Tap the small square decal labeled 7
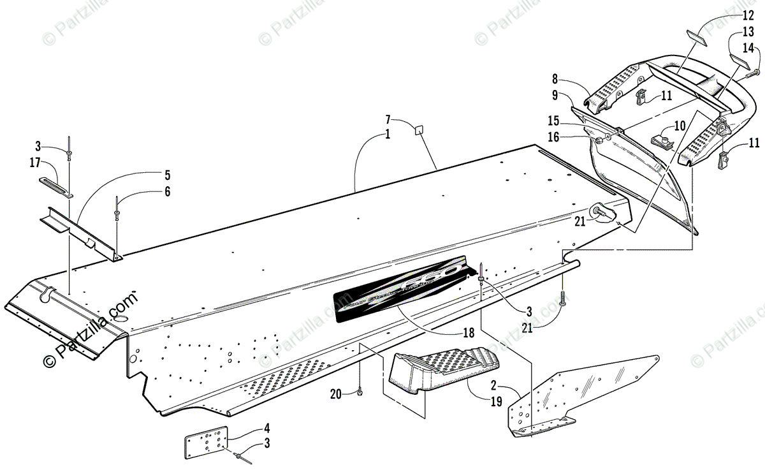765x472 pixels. (419, 131)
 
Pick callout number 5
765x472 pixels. (167, 173)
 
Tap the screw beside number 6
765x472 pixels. (117, 208)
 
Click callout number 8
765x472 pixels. (555, 80)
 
